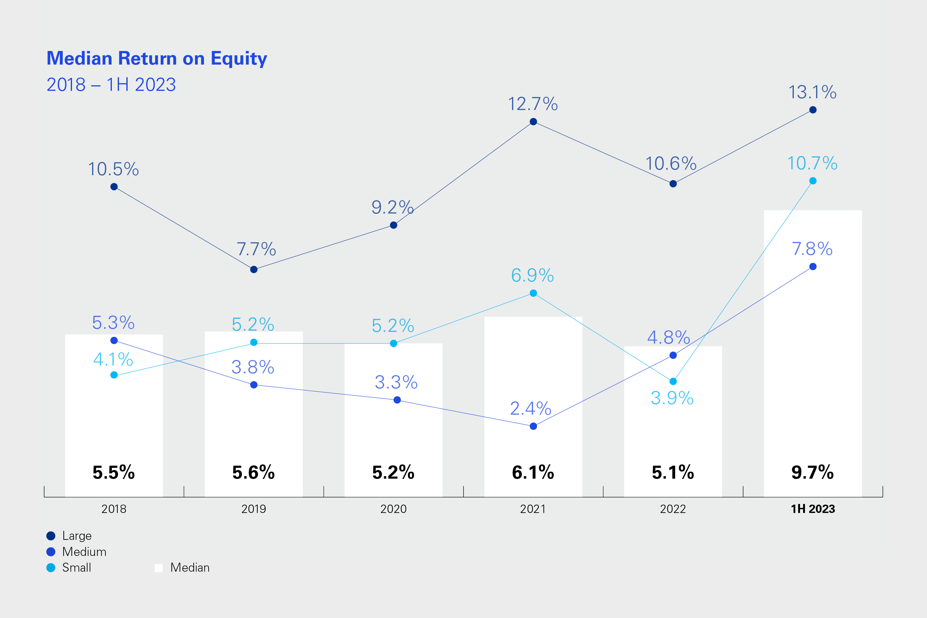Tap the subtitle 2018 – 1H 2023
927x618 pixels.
pyautogui.click(x=111, y=85)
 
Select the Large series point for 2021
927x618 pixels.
pyautogui.click(x=533, y=122)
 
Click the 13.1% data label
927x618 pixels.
pyautogui.click(x=812, y=92)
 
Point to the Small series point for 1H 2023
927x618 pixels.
pyautogui.click(x=813, y=181)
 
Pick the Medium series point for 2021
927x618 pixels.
pyautogui.click(x=533, y=426)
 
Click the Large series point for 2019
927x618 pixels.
pyautogui.click(x=254, y=269)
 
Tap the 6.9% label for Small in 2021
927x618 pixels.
pyautogui.click(x=532, y=275)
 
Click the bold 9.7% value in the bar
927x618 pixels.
pyautogui.click(x=812, y=472)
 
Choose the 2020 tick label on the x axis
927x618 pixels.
pyautogui.click(x=393, y=509)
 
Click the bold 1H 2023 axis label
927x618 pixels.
pyautogui.click(x=813, y=509)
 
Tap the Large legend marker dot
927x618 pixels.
pyautogui.click(x=51, y=535)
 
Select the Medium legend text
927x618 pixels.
pyautogui.click(x=84, y=552)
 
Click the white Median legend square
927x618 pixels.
pyautogui.click(x=159, y=568)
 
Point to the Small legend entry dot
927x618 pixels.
pyautogui.click(x=51, y=568)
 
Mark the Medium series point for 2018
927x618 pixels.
pyautogui.click(x=114, y=341)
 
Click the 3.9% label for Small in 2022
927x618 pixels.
pyautogui.click(x=672, y=398)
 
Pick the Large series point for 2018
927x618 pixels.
pyautogui.click(x=114, y=187)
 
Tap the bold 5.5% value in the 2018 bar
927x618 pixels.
pyautogui.click(x=113, y=472)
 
